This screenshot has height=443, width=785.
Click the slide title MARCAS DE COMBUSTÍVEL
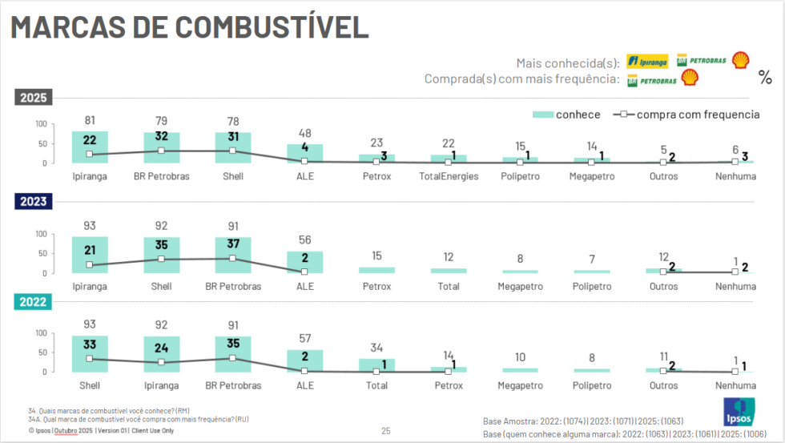tap(189, 26)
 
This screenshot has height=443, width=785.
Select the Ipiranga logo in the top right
tap(647, 61)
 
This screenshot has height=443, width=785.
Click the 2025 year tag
tap(32, 98)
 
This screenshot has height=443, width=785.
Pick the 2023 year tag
tap(32, 201)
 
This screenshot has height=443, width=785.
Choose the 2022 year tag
tap(32, 301)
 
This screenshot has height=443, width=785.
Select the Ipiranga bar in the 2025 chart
tap(90, 147)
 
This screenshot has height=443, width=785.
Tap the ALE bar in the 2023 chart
tap(305, 262)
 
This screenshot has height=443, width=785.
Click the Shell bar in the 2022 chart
tap(90, 353)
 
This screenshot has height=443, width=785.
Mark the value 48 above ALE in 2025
tap(305, 133)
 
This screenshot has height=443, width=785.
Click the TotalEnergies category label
tap(449, 176)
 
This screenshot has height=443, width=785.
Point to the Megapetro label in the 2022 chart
tap(521, 385)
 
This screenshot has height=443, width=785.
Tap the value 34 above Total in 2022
tap(377, 348)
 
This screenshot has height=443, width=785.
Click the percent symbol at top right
tap(765, 78)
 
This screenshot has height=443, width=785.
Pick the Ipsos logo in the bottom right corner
tap(738, 413)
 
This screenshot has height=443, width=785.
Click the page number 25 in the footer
tap(386, 431)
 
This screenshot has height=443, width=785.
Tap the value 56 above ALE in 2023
tap(305, 240)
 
